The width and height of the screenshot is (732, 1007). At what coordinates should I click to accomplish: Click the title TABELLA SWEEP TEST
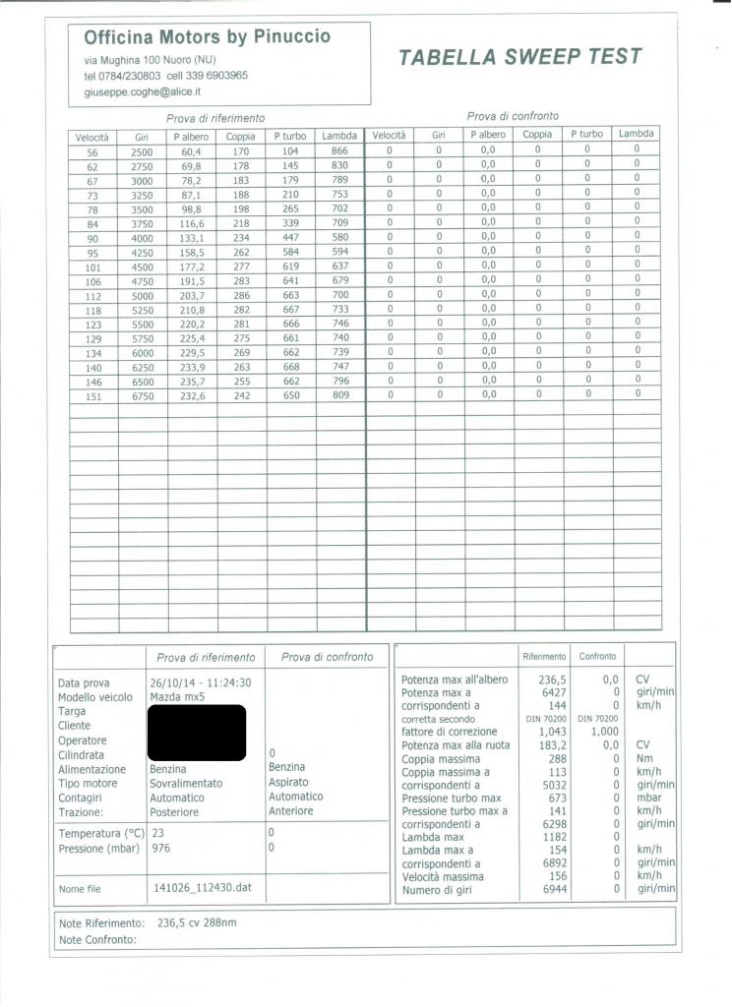(520, 56)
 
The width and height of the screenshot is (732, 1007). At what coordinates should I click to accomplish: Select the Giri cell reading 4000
(142, 237)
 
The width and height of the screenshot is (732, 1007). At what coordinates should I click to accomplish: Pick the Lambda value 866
(339, 151)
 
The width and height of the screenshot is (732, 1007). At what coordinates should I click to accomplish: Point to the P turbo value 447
(289, 237)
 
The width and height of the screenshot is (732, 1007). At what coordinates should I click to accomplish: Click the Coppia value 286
(240, 295)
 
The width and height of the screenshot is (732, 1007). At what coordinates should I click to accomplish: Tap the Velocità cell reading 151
(92, 394)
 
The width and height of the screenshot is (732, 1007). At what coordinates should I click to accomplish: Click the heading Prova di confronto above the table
(513, 116)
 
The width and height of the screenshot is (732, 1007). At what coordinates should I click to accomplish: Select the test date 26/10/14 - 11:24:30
(201, 682)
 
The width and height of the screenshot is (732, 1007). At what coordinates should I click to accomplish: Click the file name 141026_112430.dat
(204, 888)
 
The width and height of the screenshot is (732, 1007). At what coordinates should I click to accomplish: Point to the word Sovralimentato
(186, 784)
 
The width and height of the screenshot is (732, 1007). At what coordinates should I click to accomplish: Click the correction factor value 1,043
(552, 732)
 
